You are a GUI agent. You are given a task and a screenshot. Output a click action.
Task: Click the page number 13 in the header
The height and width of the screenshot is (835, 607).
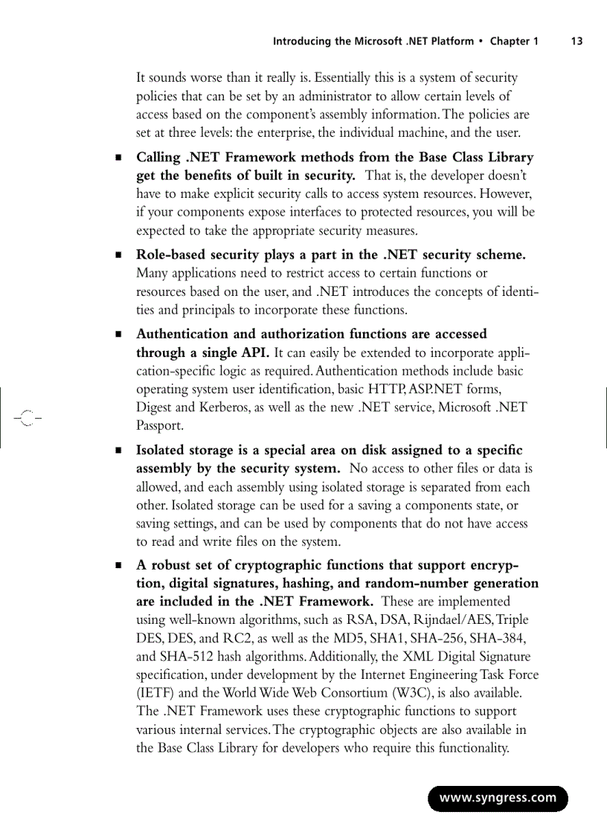coord(577,41)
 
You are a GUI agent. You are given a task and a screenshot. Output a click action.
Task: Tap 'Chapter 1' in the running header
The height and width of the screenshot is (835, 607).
coord(513,41)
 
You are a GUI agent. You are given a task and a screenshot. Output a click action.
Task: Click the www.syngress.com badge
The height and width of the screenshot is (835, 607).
coord(498,798)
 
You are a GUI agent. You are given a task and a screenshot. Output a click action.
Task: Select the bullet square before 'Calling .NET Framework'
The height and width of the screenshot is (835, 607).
coord(118,158)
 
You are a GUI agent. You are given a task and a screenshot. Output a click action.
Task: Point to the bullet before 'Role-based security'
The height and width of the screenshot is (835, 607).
coord(118,256)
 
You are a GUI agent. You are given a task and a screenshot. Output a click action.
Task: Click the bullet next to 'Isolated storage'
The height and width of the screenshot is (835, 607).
coord(118,451)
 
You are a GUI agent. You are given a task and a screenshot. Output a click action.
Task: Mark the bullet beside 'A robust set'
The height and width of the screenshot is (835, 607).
coord(118,565)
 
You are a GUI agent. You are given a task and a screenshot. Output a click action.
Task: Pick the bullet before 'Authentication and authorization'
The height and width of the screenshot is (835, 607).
coord(118,335)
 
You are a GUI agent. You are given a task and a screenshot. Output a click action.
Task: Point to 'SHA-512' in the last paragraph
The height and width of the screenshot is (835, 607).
coord(185,638)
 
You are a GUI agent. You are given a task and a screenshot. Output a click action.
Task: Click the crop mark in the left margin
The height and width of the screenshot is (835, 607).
coord(27,417)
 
